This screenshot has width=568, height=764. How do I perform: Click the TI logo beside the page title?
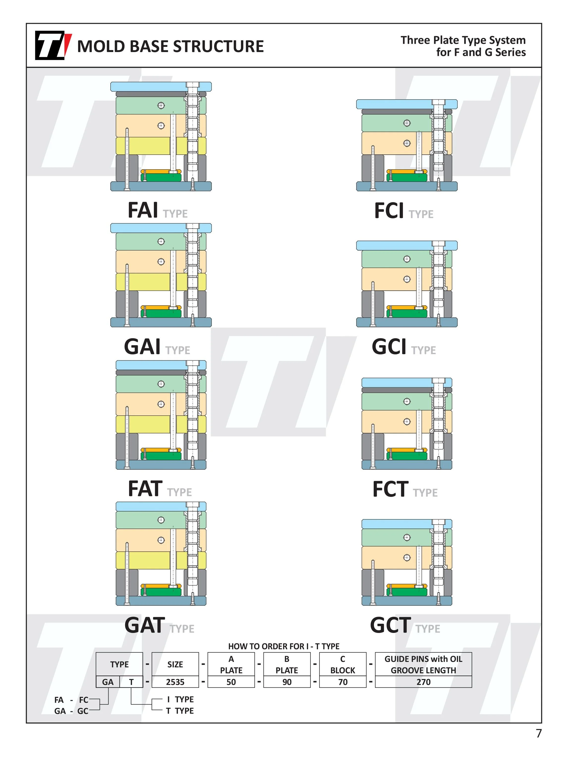[x=53, y=45]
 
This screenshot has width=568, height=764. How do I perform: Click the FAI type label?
[x=157, y=210]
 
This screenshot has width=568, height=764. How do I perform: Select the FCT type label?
[x=405, y=489]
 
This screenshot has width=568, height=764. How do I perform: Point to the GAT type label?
[x=159, y=625]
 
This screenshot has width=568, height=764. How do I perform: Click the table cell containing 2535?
[x=175, y=682]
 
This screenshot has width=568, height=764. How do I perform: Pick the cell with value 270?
[x=423, y=682]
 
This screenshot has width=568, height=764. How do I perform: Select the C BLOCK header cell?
[x=342, y=664]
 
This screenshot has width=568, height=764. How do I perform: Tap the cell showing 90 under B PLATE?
[x=287, y=682]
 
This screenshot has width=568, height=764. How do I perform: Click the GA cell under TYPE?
[x=108, y=682]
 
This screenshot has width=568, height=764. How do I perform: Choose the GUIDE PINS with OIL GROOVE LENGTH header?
[x=423, y=664]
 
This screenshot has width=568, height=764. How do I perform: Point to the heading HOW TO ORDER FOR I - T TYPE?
[x=284, y=646]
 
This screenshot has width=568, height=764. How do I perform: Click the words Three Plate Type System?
[x=463, y=40]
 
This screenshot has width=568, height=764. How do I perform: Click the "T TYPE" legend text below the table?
[x=180, y=711]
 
